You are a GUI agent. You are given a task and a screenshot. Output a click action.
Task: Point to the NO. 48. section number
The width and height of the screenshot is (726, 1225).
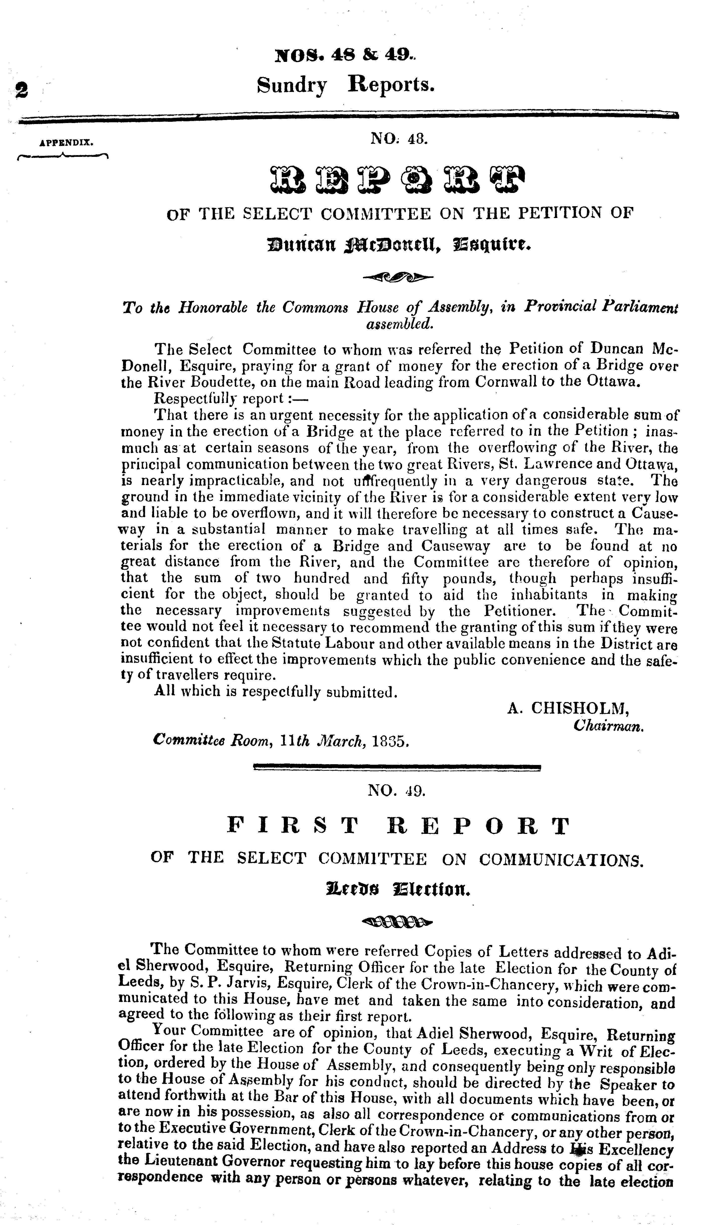[x=400, y=139]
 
